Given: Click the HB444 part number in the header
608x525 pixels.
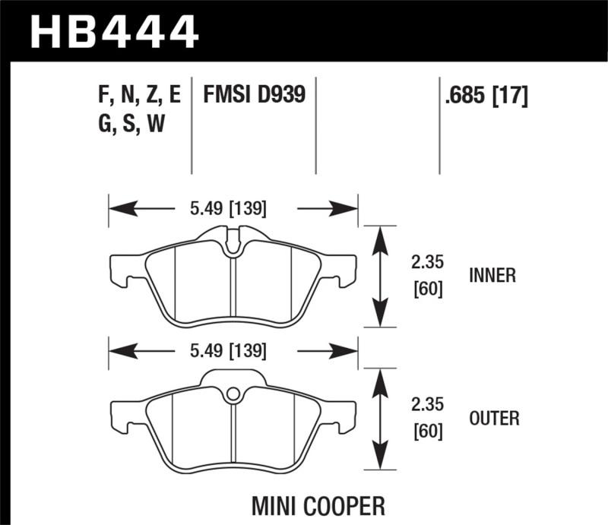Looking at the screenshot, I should [114, 32].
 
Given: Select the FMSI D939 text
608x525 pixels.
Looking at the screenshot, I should [254, 95].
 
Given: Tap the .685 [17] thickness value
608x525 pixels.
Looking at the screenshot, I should [485, 96].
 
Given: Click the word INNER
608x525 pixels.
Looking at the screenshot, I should [492, 276].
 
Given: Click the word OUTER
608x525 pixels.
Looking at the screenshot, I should [494, 418].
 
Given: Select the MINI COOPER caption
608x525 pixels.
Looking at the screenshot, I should [328, 504].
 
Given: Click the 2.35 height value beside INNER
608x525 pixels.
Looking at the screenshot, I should [426, 264].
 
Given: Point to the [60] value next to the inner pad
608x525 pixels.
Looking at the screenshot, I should [426, 289].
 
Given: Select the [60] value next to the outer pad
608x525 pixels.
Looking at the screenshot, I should [426, 432].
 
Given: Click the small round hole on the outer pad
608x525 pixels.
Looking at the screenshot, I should [233, 394].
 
